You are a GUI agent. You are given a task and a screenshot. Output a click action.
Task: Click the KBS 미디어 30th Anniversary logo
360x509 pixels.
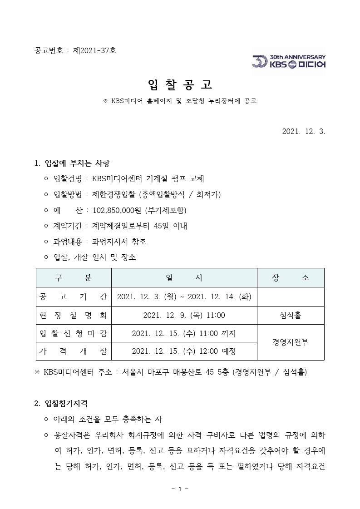[289, 61]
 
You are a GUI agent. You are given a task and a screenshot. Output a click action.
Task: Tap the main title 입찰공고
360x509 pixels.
[180, 84]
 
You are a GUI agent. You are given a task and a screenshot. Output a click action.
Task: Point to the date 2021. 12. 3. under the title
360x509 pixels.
[304, 131]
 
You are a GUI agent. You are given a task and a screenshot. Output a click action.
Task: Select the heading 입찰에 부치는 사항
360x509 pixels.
[77, 163]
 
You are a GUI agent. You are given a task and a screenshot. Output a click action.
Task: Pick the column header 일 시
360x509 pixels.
[184, 277]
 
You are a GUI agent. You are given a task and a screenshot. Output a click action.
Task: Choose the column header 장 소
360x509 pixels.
[291, 277]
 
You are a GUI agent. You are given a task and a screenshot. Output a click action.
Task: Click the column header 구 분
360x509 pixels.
[74, 277]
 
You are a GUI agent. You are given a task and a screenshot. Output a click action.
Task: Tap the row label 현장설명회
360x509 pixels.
[74, 315]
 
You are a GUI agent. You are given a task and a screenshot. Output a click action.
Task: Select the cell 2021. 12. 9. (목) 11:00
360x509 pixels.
[184, 315]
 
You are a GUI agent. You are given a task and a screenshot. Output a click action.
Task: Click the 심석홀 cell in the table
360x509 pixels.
[291, 315]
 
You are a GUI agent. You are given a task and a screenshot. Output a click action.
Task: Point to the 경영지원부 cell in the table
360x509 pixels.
[291, 342]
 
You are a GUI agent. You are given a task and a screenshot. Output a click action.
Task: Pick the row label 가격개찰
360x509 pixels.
[74, 351]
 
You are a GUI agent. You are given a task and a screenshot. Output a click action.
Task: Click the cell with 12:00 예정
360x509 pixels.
[184, 351]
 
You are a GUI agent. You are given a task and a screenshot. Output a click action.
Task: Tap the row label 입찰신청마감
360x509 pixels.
[74, 333]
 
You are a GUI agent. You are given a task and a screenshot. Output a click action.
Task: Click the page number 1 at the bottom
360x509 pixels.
[180, 489]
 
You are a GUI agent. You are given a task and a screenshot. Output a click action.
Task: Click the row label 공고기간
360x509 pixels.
[74, 297]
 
